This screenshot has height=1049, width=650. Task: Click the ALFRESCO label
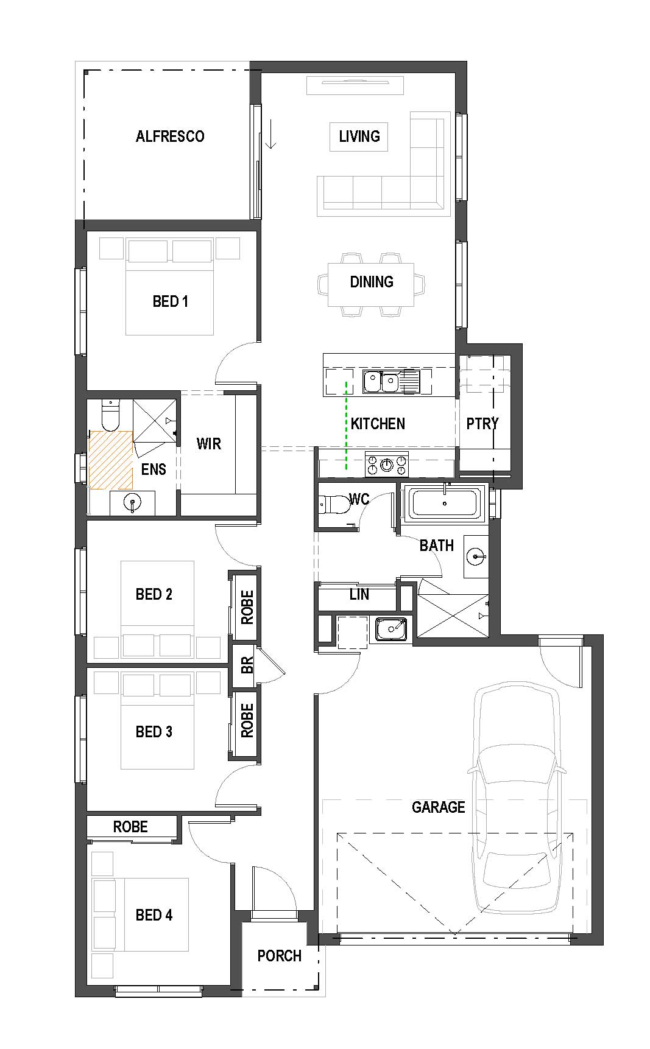coord(170,136)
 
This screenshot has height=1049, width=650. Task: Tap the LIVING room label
coord(359,136)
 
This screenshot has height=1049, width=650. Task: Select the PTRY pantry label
coord(482,424)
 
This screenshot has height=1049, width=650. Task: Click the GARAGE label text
coord(439,807)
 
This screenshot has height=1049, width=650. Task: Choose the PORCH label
coord(280,956)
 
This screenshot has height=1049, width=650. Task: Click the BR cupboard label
coord(247,665)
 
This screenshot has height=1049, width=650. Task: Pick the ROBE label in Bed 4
coord(130,827)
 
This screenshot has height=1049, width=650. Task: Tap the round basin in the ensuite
coord(132,503)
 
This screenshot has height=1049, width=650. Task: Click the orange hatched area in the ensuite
coord(110,460)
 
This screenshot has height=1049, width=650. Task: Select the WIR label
coord(209,444)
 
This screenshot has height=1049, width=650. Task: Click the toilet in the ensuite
coord(110,415)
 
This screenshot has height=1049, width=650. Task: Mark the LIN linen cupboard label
coord(359,594)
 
